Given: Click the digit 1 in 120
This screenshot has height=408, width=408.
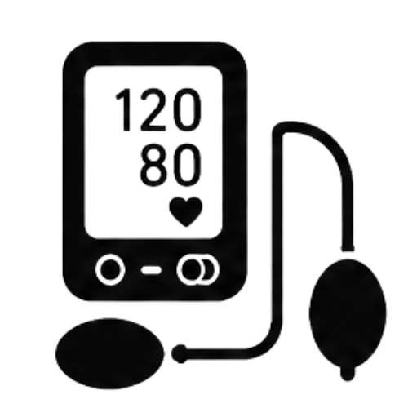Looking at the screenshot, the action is (x=124, y=109).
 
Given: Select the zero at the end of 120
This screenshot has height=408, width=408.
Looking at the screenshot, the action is (x=187, y=109).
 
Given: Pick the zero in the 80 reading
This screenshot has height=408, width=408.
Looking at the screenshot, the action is (x=187, y=166).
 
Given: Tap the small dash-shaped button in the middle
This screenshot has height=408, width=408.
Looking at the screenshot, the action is (x=151, y=270).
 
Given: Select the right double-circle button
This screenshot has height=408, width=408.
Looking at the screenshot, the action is (x=197, y=269).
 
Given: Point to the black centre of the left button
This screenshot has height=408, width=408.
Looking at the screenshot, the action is (x=110, y=269).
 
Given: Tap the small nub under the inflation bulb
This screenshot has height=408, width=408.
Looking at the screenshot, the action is (x=348, y=374).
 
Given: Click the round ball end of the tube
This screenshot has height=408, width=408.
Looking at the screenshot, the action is (x=180, y=353).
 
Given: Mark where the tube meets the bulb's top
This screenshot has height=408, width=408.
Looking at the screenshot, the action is (x=348, y=249).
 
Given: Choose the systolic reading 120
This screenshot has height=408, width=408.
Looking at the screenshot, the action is (x=158, y=109).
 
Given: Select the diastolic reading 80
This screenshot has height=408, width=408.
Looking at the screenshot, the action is (x=171, y=166).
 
